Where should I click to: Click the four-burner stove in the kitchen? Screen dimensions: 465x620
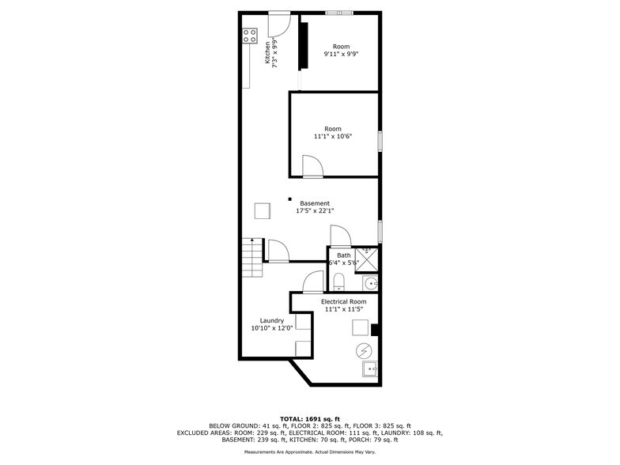tap(250, 35)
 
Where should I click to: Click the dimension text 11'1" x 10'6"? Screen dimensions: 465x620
tap(332, 136)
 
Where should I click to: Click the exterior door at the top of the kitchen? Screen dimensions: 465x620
tap(279, 25)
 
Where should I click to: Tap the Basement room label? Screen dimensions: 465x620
tap(315, 203)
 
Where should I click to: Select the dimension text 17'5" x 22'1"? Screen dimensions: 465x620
tap(315, 211)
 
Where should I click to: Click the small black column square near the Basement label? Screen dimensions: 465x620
tap(290, 199)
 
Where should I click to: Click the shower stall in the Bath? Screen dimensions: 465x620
tap(367, 255)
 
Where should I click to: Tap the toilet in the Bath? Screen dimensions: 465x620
tap(338, 282)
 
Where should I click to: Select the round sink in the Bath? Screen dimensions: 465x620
tap(371, 283)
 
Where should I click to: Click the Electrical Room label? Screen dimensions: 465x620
tap(343, 302)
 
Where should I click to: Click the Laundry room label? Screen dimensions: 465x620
tap(272, 320)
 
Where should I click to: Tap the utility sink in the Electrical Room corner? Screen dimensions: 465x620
tap(369, 369)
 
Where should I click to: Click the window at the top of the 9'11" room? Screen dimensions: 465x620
tap(341, 12)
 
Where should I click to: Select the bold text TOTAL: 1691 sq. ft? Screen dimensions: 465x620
tap(309, 418)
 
